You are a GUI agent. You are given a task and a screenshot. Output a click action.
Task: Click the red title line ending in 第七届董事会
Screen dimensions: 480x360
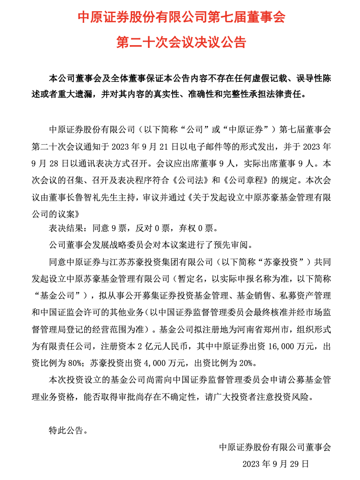tap(180, 18)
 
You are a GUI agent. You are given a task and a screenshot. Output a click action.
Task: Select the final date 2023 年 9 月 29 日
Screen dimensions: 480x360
tap(276, 464)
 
